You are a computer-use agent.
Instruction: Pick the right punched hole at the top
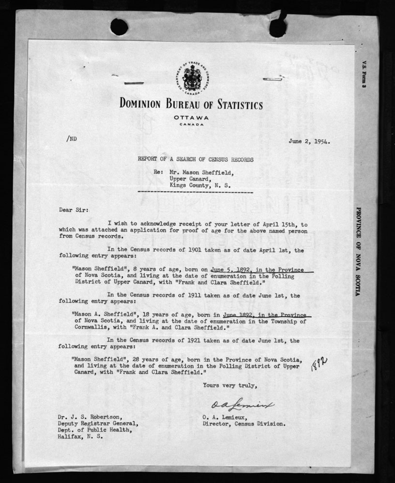point(277,28)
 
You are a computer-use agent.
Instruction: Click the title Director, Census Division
point(244,425)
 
